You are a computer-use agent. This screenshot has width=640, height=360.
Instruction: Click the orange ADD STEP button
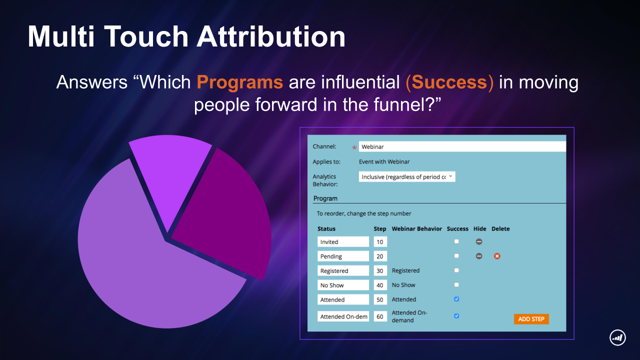point(531,319)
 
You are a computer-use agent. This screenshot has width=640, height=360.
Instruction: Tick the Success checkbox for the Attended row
point(456,299)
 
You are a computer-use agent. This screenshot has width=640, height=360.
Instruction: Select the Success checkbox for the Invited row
point(456,241)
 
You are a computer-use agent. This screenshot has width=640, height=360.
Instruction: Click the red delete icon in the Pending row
point(497,256)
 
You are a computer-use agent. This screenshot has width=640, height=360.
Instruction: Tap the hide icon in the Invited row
point(479,241)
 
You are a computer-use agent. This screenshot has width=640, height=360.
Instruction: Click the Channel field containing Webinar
point(462,146)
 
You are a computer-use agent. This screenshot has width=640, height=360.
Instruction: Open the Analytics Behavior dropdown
point(407,177)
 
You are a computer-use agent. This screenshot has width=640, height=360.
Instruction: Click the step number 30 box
point(380,270)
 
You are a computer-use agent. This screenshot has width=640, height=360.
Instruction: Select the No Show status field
point(343,285)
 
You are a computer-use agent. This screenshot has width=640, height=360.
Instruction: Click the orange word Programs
point(239,82)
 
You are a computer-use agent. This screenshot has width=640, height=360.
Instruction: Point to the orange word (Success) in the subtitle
point(449,82)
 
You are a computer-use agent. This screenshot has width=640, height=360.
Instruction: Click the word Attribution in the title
point(271,36)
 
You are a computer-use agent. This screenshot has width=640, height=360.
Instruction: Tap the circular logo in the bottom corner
point(617,337)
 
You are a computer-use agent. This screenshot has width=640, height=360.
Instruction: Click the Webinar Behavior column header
point(416,229)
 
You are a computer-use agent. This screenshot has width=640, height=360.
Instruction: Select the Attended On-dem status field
point(343,316)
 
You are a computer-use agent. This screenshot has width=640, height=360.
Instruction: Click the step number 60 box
point(380,316)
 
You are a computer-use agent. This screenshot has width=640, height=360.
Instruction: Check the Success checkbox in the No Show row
point(456,284)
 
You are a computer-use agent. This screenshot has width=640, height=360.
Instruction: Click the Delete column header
point(500,229)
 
